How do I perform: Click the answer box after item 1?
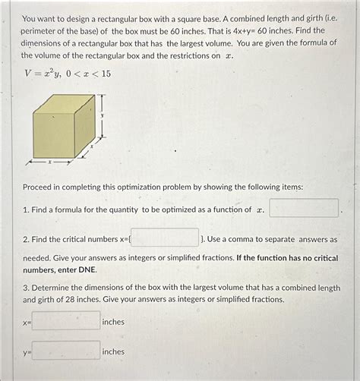pos(304,209)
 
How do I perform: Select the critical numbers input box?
pos(166,238)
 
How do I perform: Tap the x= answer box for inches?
pos(66,321)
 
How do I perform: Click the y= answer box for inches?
pos(66,351)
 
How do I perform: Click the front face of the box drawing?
pos(54,135)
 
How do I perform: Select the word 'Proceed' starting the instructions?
pos(39,187)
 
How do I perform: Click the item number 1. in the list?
pos(26,209)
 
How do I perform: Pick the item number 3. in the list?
pos(26,288)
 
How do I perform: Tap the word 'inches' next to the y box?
pos(113,351)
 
